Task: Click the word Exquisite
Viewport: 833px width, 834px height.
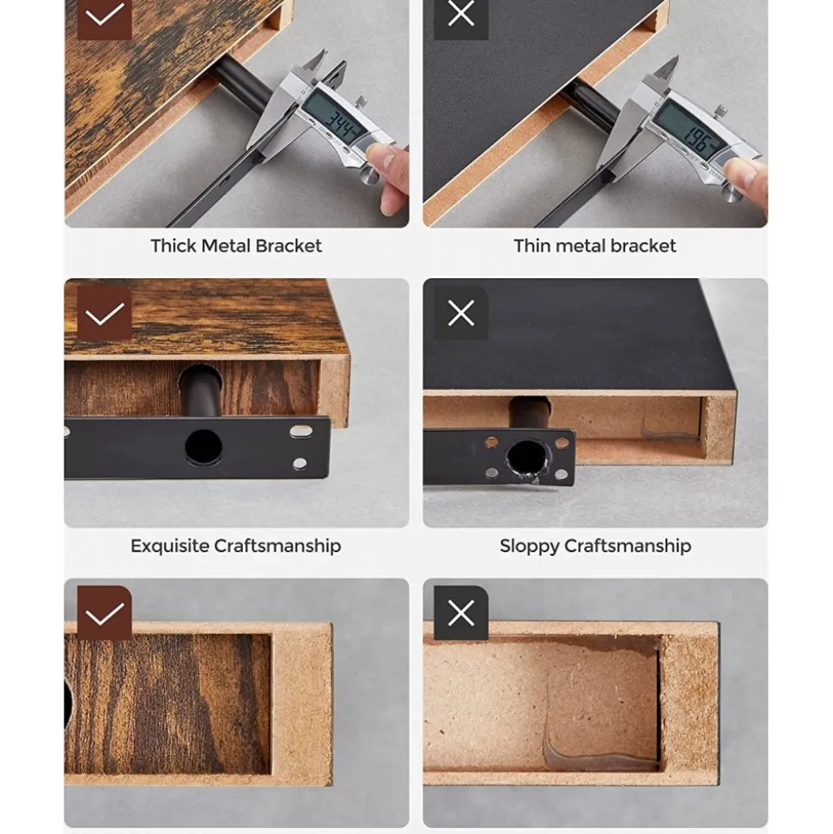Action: pos(170,546)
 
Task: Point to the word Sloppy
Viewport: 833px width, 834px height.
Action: pos(529,547)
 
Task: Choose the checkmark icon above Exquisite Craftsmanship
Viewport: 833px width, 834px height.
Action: pos(104,314)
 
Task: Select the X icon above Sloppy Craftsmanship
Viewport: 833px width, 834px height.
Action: pos(461,313)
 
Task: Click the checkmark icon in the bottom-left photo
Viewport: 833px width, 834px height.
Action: pos(104,613)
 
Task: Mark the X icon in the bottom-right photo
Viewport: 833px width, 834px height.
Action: pos(461,613)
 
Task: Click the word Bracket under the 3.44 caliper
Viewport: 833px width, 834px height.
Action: pos(289,246)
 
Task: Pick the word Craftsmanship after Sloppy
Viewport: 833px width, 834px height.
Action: pos(628,547)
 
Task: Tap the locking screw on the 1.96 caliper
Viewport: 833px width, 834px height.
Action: pos(721,113)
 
